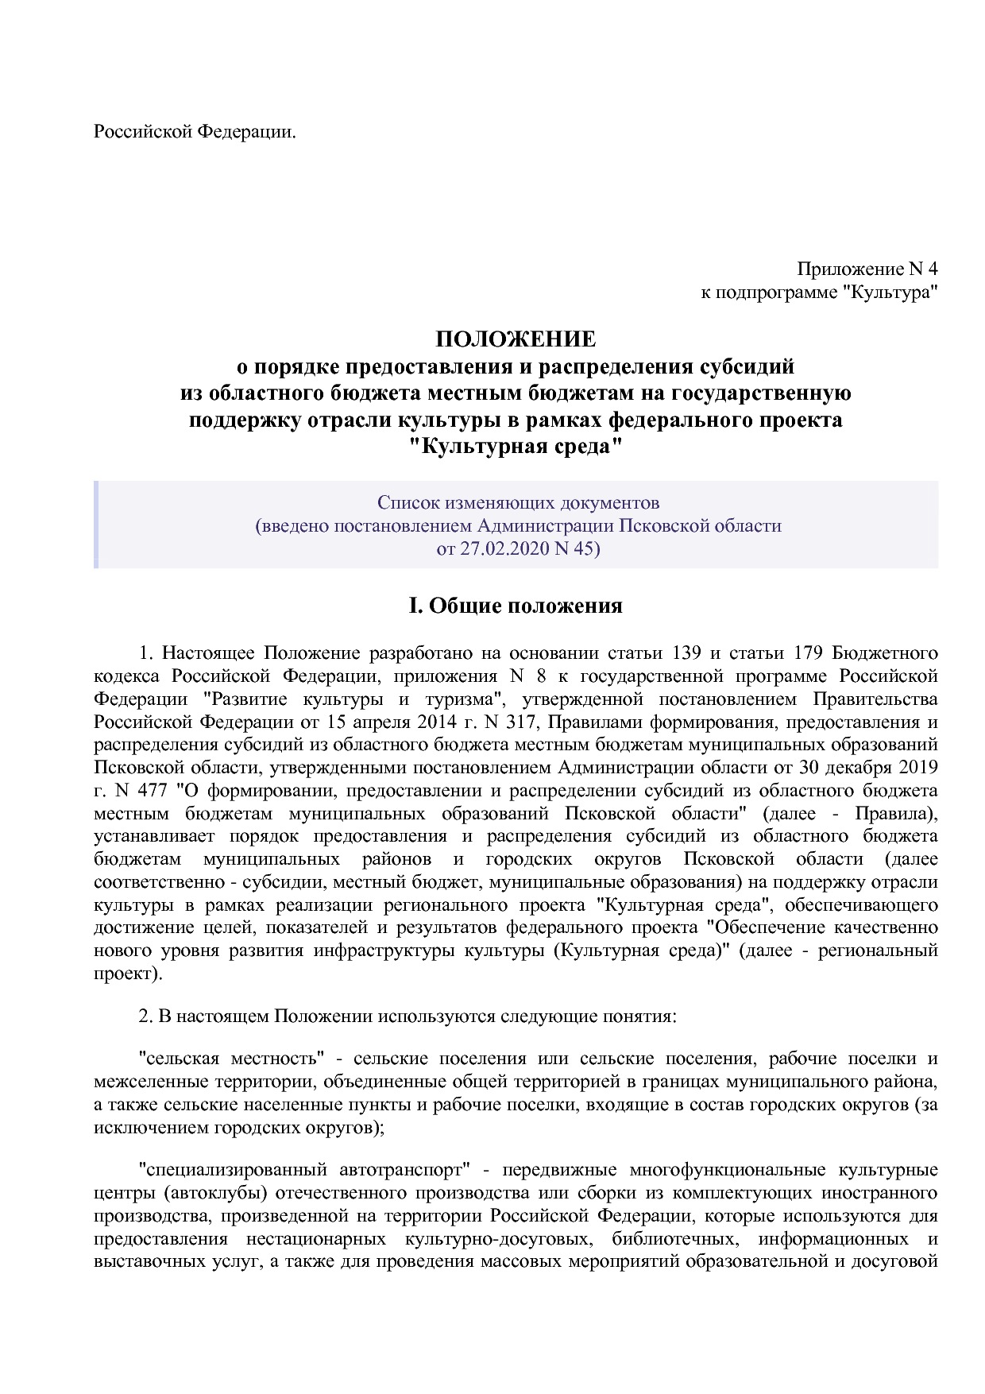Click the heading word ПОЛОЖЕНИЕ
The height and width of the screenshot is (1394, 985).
coord(515,339)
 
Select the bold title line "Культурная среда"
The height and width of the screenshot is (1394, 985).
coord(515,446)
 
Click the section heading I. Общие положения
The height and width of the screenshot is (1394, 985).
coord(515,606)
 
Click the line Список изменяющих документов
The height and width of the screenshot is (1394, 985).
coord(518,502)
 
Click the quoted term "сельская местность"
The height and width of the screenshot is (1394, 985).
coord(229,1059)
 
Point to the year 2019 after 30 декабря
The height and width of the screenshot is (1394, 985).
coord(918,768)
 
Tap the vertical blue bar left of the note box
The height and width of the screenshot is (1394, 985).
coord(96,525)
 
